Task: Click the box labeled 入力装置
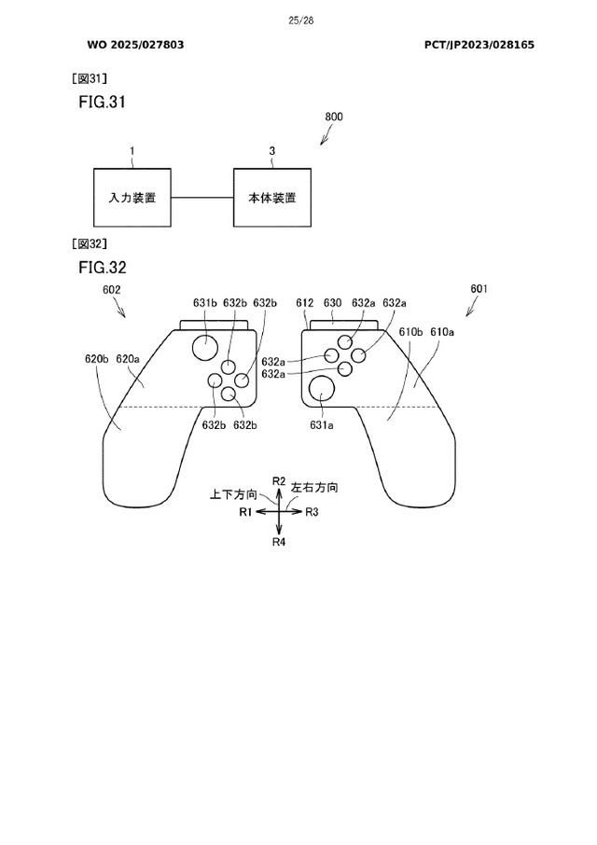pos(132,198)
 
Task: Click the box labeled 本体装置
pos(272,198)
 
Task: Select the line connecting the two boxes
pos(201,198)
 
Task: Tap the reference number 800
pos(333,118)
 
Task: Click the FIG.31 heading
pos(102,102)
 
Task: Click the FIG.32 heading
pos(102,268)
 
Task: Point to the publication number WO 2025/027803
pos(135,45)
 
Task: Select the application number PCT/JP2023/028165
pos(479,45)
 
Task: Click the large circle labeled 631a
pos(322,389)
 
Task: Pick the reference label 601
pos(479,290)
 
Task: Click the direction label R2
pos(279,480)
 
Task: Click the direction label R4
pos(279,542)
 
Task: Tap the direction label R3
pos(312,512)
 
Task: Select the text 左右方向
pos(314,488)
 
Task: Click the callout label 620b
pos(97,358)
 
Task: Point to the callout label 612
pos(304,303)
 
